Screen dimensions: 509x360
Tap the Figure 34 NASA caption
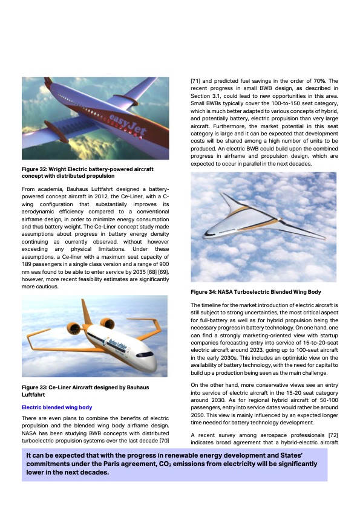pos(255,292)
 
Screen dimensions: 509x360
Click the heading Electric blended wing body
pos(56,407)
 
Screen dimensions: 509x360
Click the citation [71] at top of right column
pos(196,80)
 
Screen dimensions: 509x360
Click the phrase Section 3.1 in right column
pos(205,97)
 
